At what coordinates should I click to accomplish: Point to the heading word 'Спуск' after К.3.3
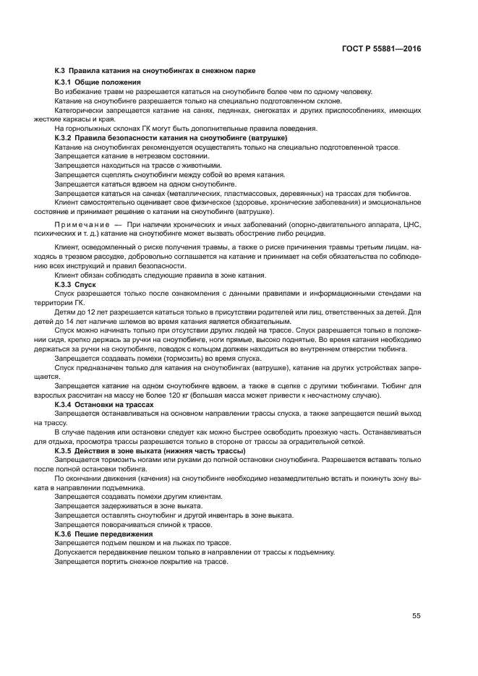pyautogui.click(x=85, y=285)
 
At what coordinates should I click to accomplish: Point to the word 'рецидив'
pyautogui.click(x=311, y=234)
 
